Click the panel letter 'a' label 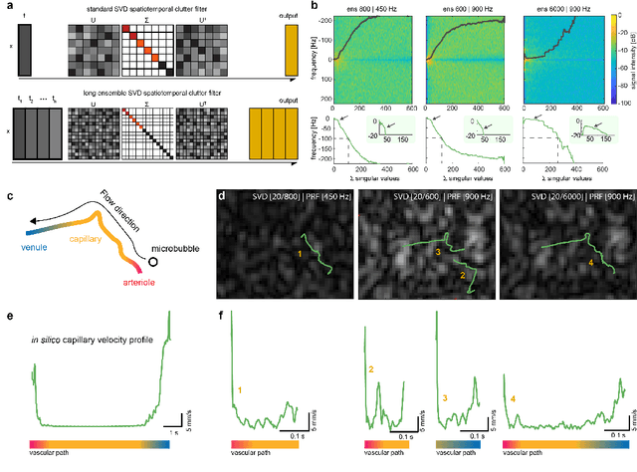(x=10, y=7)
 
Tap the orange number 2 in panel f (x=371, y=369)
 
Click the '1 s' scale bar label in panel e (x=187, y=429)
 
